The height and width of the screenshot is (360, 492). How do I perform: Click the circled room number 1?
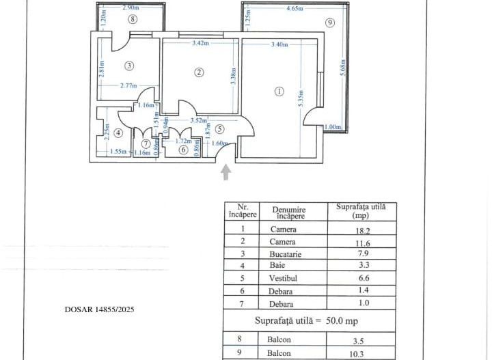point(278,91)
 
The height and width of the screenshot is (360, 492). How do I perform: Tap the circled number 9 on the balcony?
point(330,23)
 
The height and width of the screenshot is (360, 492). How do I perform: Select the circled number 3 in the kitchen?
point(128,66)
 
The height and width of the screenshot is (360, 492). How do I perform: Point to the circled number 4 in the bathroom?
point(118,133)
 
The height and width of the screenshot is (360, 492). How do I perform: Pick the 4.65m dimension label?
point(296,9)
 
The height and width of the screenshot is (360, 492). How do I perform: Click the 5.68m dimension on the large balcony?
point(342,66)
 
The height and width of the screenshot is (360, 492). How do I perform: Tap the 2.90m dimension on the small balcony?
point(132,8)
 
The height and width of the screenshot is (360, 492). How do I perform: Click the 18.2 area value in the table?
point(355,230)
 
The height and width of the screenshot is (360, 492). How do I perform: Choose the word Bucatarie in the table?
point(283,254)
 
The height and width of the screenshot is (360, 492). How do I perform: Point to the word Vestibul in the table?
point(283,279)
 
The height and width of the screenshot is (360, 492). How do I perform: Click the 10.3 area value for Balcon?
point(355,353)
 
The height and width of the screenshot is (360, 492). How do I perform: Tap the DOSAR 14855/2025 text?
point(100,309)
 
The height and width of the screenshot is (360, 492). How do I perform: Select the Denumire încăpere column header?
point(288,212)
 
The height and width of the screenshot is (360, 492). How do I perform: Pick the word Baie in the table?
point(283,266)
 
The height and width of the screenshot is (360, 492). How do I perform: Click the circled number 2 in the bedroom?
point(199,72)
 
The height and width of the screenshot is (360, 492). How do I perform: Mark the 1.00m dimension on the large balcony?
point(333,127)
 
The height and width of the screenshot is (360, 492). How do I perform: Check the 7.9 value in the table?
point(355,254)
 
